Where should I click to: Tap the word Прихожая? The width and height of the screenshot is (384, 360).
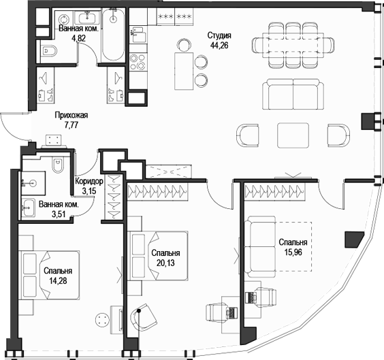point(71,116)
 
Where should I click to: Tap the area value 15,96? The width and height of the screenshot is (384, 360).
point(293,252)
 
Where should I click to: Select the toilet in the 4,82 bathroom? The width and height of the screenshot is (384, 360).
point(50,50)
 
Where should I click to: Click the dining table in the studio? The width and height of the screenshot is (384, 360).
point(295,45)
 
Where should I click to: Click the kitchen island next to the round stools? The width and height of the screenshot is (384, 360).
point(182,69)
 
